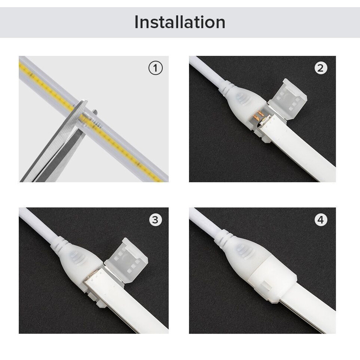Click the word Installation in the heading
coord(180,22)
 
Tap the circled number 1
coord(156,68)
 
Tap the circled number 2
coord(321,68)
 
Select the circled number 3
coord(156,220)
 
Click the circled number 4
coord(321,220)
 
